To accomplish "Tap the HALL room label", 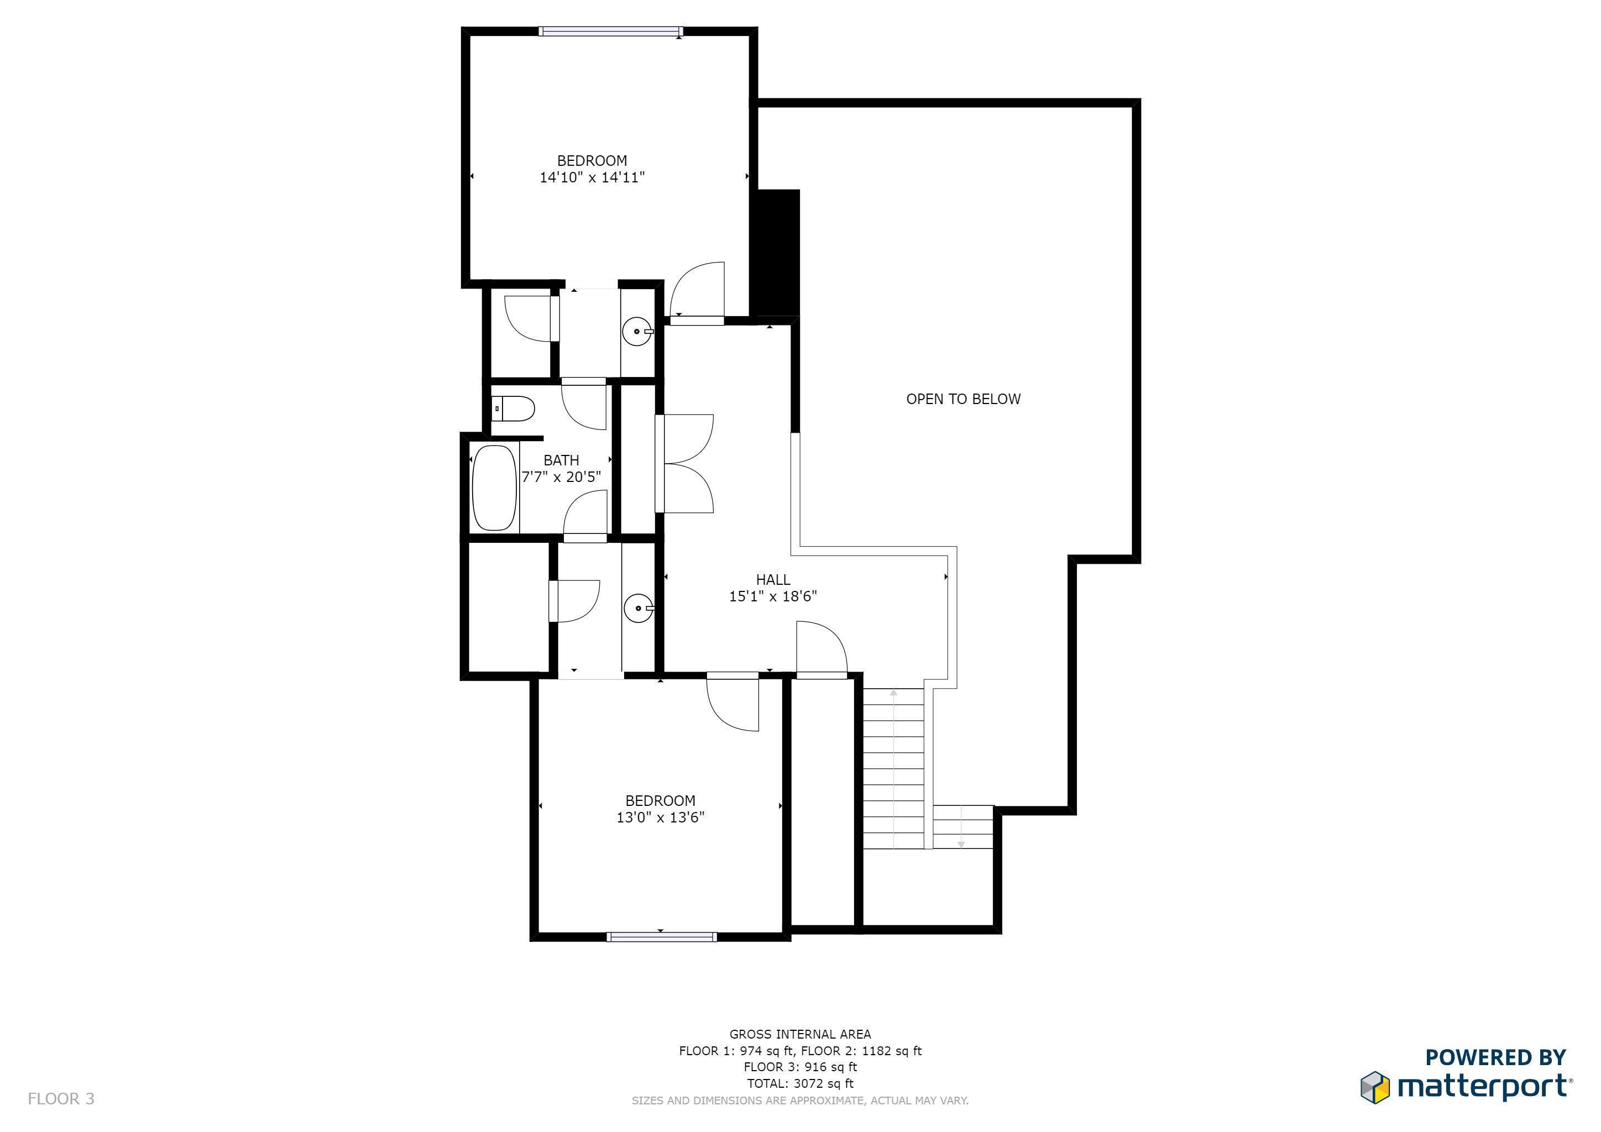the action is pos(773,580).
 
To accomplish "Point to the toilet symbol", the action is pos(513,409).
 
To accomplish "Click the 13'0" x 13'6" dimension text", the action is pos(660,817).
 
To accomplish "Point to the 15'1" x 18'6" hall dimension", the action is pos(773,596).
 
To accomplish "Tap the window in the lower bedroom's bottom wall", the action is pos(662,937).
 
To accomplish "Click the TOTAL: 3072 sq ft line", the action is pos(800,1083).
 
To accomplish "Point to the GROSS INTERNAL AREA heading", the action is pos(800,1034).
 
